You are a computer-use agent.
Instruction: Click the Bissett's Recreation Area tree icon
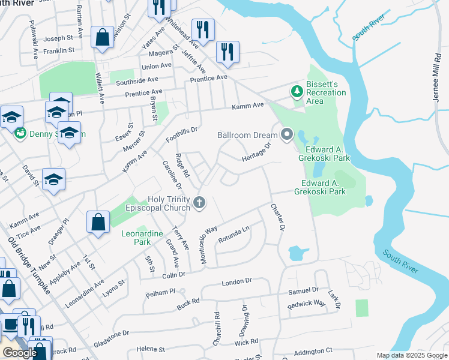(295, 92)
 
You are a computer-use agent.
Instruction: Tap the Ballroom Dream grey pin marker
(286, 135)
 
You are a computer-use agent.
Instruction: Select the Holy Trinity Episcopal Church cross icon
(200, 204)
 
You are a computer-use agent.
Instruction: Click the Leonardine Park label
(143, 238)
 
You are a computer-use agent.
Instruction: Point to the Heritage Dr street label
(258, 152)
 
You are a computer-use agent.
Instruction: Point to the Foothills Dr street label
(182, 135)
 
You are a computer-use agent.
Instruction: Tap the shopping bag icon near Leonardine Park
(98, 222)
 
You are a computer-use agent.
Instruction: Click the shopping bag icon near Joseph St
(103, 37)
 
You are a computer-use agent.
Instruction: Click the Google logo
(20, 353)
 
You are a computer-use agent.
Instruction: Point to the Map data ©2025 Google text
(411, 355)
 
